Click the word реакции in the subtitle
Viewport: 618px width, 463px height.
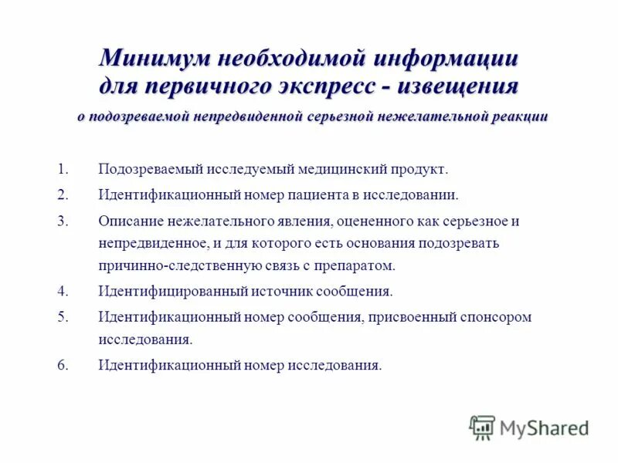click(521, 117)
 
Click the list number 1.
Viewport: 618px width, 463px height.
click(63, 168)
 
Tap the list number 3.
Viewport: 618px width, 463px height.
click(63, 221)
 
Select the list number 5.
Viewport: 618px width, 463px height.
click(63, 316)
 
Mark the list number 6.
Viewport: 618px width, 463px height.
click(63, 364)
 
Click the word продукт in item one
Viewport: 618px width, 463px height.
click(419, 168)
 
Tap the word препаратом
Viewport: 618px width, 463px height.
click(358, 265)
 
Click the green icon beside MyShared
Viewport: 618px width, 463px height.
click(482, 427)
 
